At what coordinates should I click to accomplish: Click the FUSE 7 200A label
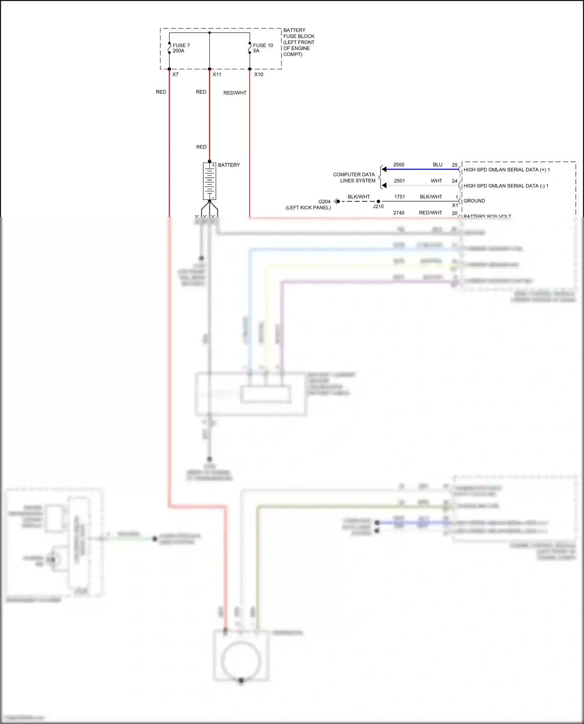181,48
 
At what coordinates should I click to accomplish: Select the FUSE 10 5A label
263,48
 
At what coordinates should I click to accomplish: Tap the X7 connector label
175,74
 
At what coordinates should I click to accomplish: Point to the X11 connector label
217,74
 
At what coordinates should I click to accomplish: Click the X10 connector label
259,74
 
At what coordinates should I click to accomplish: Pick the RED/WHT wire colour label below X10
235,93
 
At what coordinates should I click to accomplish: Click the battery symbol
209,181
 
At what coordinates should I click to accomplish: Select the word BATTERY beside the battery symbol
229,165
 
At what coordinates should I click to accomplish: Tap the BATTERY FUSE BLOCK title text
299,42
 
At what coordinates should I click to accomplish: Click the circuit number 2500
399,165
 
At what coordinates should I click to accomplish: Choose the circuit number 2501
399,181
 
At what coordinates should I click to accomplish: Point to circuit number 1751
399,197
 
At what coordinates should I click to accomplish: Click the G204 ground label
324,202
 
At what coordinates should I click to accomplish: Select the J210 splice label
378,207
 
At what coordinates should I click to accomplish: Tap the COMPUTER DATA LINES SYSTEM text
354,177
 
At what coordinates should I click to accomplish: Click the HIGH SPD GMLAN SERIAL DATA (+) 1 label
507,170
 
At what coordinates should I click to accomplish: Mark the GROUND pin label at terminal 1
474,201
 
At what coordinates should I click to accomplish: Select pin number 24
454,181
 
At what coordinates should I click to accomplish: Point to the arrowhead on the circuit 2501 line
384,186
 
